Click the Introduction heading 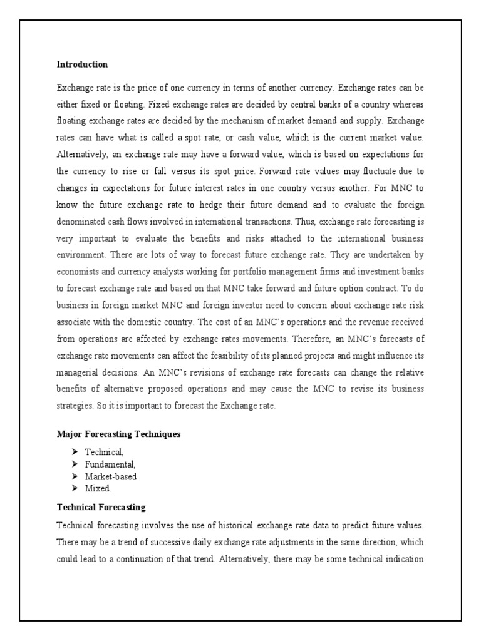point(82,64)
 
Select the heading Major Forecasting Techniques point(118,434)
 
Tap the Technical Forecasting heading point(101,507)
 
